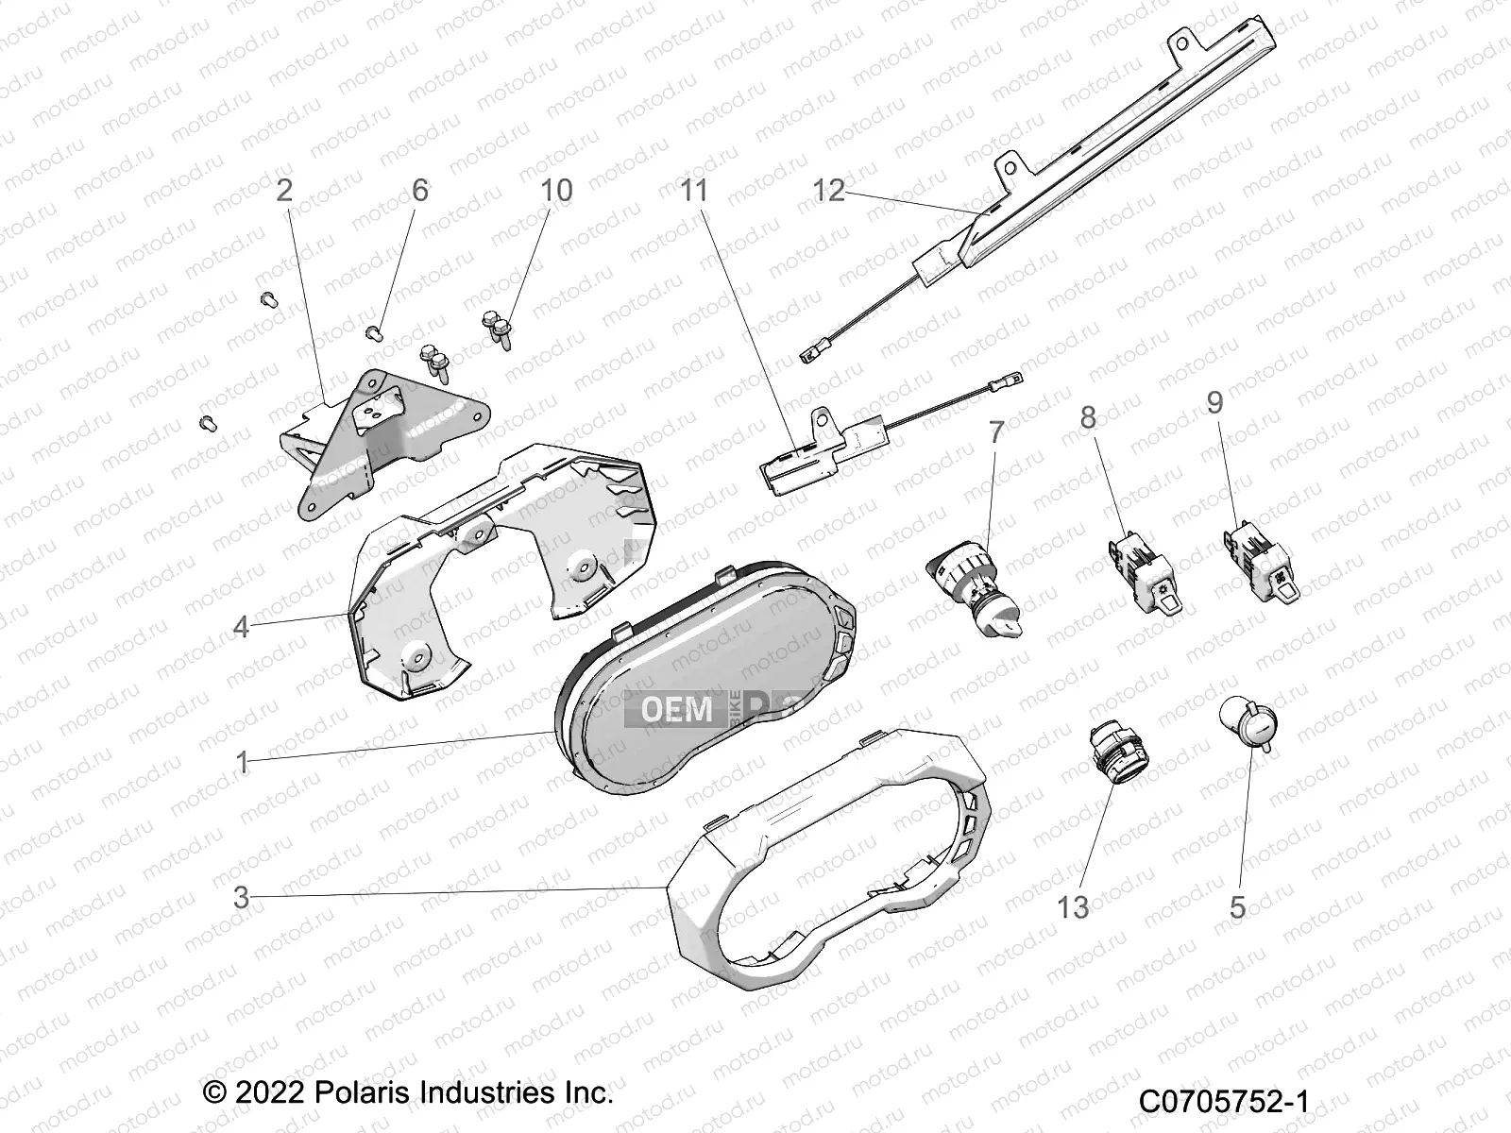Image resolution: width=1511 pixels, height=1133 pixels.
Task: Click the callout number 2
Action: (x=283, y=190)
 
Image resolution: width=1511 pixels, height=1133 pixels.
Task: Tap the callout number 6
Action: (x=419, y=190)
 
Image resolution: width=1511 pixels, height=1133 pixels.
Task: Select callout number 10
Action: (x=556, y=190)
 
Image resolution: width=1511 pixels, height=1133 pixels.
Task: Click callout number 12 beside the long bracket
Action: (x=829, y=190)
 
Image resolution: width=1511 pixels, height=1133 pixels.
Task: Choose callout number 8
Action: (x=1088, y=415)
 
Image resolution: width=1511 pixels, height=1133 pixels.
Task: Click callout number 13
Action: (x=1073, y=908)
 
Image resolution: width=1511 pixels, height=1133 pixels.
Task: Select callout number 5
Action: (x=1237, y=908)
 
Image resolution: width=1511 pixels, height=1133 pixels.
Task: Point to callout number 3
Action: (x=242, y=898)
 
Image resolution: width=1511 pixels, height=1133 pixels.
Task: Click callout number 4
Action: (x=242, y=626)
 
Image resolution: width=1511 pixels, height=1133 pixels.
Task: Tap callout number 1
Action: (x=242, y=762)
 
